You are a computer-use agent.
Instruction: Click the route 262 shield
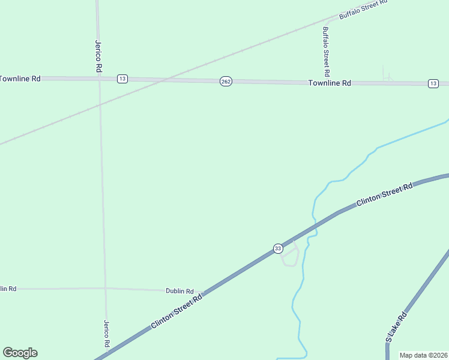225,82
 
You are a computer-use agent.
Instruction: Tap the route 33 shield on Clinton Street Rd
277,248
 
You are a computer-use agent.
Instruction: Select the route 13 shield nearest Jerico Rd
122,79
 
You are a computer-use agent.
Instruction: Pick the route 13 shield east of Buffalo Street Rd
433,83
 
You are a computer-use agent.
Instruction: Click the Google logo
20,353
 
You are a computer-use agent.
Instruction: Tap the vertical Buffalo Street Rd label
326,51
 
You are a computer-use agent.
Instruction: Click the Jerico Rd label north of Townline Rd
97,56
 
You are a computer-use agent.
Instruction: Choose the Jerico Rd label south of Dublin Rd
106,334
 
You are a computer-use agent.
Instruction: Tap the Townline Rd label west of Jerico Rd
20,79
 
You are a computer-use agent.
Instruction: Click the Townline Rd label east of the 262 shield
330,83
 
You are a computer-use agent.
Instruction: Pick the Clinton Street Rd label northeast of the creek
384,194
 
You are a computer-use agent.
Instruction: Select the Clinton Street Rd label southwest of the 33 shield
176,310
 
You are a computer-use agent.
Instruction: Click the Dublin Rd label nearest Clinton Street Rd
179,290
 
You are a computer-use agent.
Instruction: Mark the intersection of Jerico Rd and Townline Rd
99,79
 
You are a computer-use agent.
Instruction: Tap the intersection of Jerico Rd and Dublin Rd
105,289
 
